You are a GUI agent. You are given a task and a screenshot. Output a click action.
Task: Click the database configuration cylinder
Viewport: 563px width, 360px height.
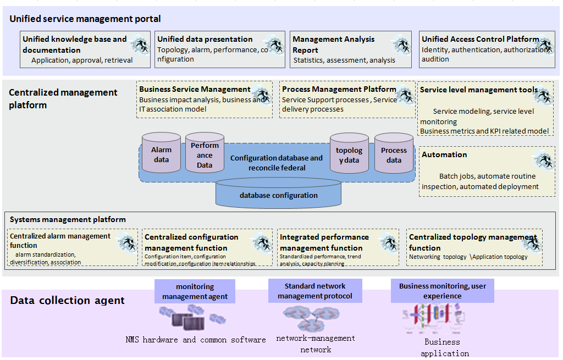[279, 193]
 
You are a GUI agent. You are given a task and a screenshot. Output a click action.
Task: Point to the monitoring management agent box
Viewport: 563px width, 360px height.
[195, 292]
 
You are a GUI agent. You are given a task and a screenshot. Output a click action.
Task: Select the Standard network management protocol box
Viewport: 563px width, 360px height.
[315, 291]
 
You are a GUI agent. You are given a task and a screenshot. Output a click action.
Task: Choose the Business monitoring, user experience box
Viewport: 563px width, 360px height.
[442, 291]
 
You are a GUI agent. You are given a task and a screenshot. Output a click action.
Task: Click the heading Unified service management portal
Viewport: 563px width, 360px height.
[85, 19]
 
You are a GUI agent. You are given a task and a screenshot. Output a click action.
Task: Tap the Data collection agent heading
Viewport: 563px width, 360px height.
[68, 301]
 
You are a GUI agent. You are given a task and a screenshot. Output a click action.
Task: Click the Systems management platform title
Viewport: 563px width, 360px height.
[68, 220]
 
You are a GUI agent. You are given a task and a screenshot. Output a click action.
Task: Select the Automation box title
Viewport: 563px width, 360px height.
[444, 155]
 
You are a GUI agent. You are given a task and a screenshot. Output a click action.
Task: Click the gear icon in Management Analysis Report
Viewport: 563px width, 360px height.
[401, 44]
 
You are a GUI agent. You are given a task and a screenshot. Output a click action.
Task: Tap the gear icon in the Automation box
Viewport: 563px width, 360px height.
[544, 160]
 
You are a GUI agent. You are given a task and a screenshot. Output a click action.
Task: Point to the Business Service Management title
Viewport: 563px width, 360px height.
[195, 89]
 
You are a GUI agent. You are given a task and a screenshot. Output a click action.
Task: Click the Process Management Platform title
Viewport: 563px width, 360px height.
[339, 89]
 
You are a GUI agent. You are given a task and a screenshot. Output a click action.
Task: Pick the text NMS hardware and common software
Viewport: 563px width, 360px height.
[196, 340]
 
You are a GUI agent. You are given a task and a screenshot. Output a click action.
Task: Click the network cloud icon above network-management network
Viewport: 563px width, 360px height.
[310, 317]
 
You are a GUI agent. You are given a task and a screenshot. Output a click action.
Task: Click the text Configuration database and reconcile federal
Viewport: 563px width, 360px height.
[277, 163]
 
